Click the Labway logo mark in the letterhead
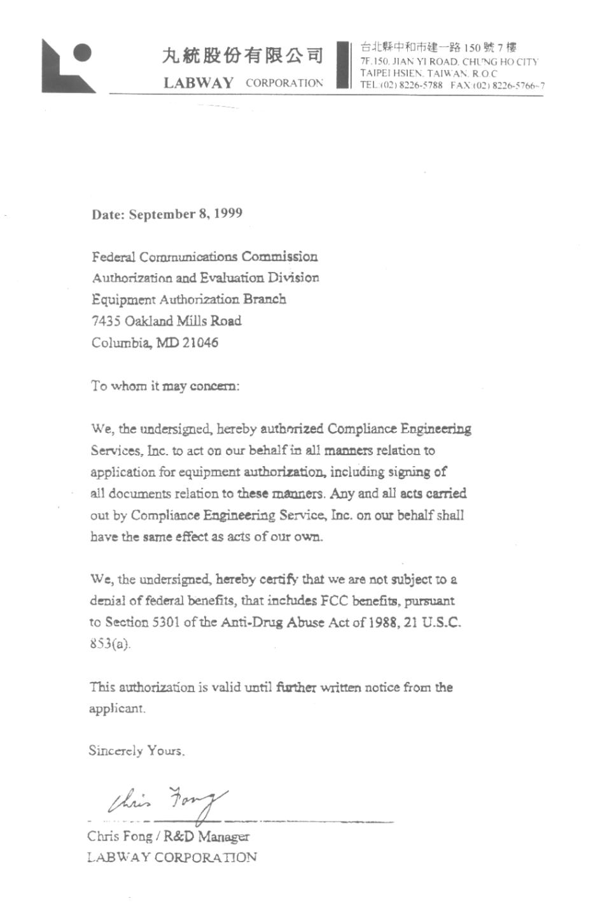click(x=67, y=66)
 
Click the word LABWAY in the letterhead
click(x=199, y=83)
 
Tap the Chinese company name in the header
click(x=242, y=56)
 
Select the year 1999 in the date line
click(x=228, y=213)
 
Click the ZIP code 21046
click(x=200, y=343)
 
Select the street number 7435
click(x=106, y=321)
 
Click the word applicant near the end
click(x=116, y=709)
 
